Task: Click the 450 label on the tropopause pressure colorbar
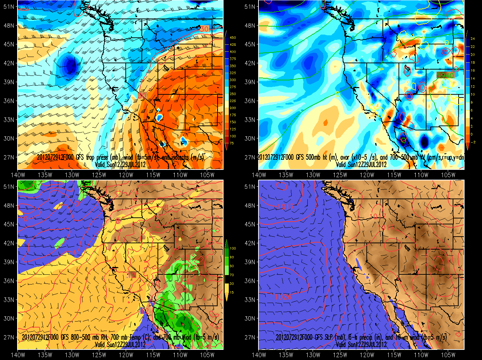pos(233,38)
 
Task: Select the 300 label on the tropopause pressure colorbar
pos(233,80)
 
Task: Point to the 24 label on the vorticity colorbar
pos(473,39)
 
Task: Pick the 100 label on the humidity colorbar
pos(233,249)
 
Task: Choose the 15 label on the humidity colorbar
pos(232,293)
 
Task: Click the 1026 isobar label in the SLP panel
pos(283,297)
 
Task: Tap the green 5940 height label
pos(445,75)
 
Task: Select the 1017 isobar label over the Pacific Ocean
pos(285,207)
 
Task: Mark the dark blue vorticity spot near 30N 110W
pos(424,142)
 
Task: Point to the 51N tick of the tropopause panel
pos(9,7)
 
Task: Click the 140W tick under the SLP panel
pos(259,355)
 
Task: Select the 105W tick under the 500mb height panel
pos(448,175)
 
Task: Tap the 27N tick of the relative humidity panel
pos(9,337)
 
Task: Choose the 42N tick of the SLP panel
pos(250,243)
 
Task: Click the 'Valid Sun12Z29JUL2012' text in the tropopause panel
pos(120,164)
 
